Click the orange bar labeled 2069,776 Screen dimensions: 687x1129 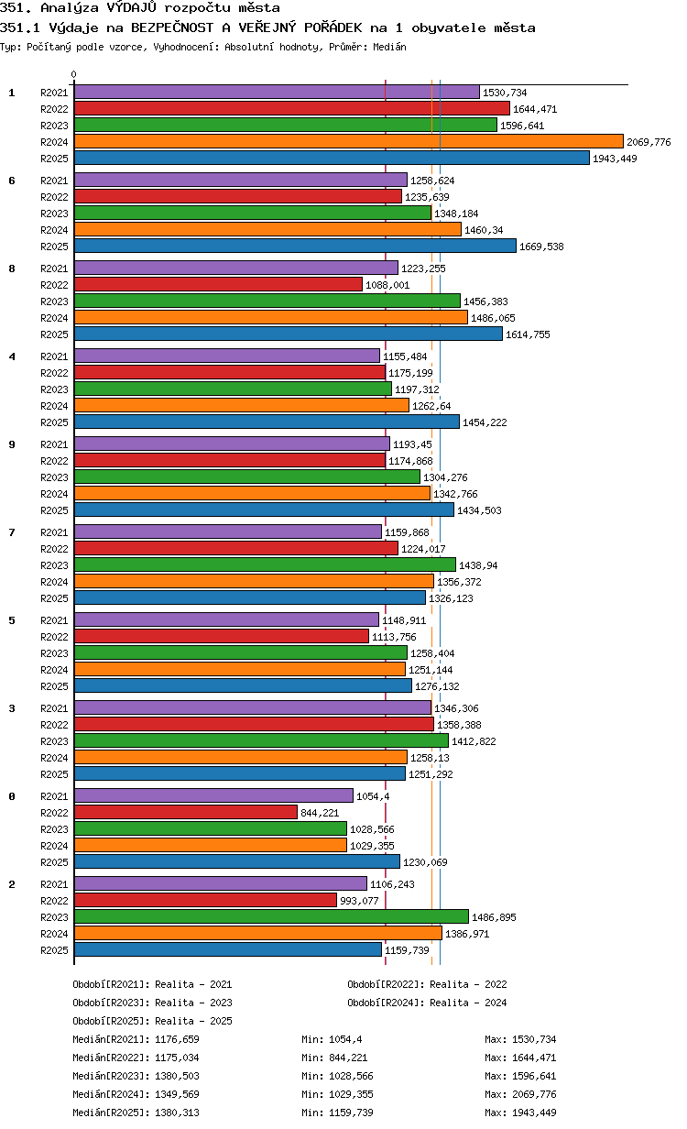coord(348,142)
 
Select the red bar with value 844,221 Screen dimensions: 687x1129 coord(186,813)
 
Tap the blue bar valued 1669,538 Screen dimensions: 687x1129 coord(295,246)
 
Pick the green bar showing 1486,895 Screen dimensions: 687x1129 coord(271,916)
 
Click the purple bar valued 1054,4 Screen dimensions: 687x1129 coord(213,795)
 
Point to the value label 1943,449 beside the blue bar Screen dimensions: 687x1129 coord(615,159)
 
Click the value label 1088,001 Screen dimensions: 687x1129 coord(387,285)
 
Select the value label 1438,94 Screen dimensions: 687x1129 coord(478,565)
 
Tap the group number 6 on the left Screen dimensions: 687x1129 coord(12,181)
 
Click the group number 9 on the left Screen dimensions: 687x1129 coord(12,444)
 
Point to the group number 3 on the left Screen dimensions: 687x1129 coord(12,708)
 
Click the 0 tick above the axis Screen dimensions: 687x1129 coord(73,74)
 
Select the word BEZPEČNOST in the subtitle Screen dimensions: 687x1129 coord(172,27)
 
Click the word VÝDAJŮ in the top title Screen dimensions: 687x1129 coord(131,7)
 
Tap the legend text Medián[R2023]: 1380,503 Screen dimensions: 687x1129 coord(136,1076)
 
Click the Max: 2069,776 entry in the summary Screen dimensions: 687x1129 coord(520,1094)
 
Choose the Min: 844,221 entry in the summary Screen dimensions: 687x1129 coord(334,1058)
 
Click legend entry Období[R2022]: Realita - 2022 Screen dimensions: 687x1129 coord(427,984)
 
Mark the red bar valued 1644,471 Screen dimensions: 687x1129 coord(292,108)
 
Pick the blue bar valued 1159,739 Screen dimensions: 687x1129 coord(228,949)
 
